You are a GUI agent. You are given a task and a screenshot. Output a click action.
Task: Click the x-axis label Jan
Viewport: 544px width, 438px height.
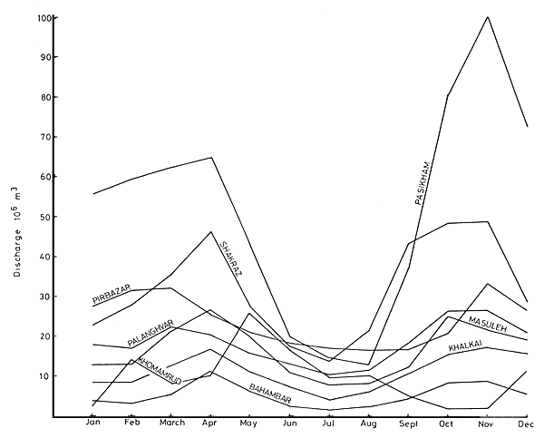pos(92,423)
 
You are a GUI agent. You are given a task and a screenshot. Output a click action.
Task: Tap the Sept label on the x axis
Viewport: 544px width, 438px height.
pos(409,423)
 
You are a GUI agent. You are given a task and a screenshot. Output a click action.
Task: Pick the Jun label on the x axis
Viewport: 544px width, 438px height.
pos(289,423)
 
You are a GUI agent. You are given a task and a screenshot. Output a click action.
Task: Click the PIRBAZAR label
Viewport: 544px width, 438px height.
pos(112,293)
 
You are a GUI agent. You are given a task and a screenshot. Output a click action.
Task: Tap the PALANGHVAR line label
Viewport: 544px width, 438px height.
pos(151,334)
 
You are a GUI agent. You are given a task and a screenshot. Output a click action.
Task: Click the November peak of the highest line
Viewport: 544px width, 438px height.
pos(488,16)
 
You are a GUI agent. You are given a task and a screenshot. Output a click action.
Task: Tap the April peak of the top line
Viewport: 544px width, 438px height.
pos(211,158)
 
